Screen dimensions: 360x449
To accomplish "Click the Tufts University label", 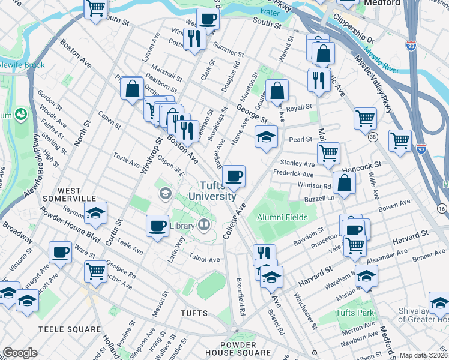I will pos(208,191).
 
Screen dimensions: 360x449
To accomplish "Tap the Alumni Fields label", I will pos(282,218).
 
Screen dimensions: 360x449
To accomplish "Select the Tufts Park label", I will pos(355,313).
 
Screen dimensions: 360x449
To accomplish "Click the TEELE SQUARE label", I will pos(69,329).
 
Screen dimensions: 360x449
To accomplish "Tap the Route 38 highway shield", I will pos(373,137).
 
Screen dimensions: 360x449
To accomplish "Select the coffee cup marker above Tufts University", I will pos(234,176).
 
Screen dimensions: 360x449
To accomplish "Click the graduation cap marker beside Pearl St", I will pos(266,137).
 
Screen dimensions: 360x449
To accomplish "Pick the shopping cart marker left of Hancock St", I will pos(328,153).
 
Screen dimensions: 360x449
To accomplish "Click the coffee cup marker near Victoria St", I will pos(60,252).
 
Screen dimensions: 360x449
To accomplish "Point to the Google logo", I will pos(20,353).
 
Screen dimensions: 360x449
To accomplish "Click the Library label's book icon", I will pos(204,226).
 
